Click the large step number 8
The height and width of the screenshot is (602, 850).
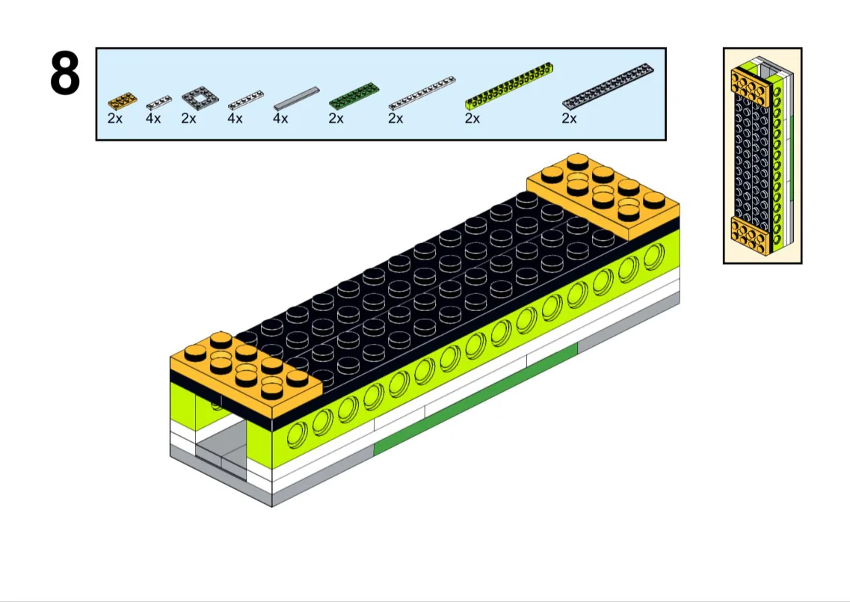pyautogui.click(x=65, y=74)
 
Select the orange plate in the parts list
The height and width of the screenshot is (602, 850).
pyautogui.click(x=122, y=101)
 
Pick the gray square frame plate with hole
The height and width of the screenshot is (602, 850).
pyautogui.click(x=200, y=98)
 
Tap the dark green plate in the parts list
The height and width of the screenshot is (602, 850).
pyautogui.click(x=354, y=95)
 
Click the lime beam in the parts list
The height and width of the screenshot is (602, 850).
pyautogui.click(x=509, y=86)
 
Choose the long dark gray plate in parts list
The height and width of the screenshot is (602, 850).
pyautogui.click(x=608, y=86)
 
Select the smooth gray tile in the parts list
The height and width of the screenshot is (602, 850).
pyautogui.click(x=297, y=98)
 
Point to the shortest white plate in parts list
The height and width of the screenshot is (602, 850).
pyautogui.click(x=158, y=102)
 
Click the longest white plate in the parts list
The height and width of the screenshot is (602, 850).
pyautogui.click(x=422, y=93)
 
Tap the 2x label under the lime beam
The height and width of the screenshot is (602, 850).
pyautogui.click(x=472, y=118)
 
